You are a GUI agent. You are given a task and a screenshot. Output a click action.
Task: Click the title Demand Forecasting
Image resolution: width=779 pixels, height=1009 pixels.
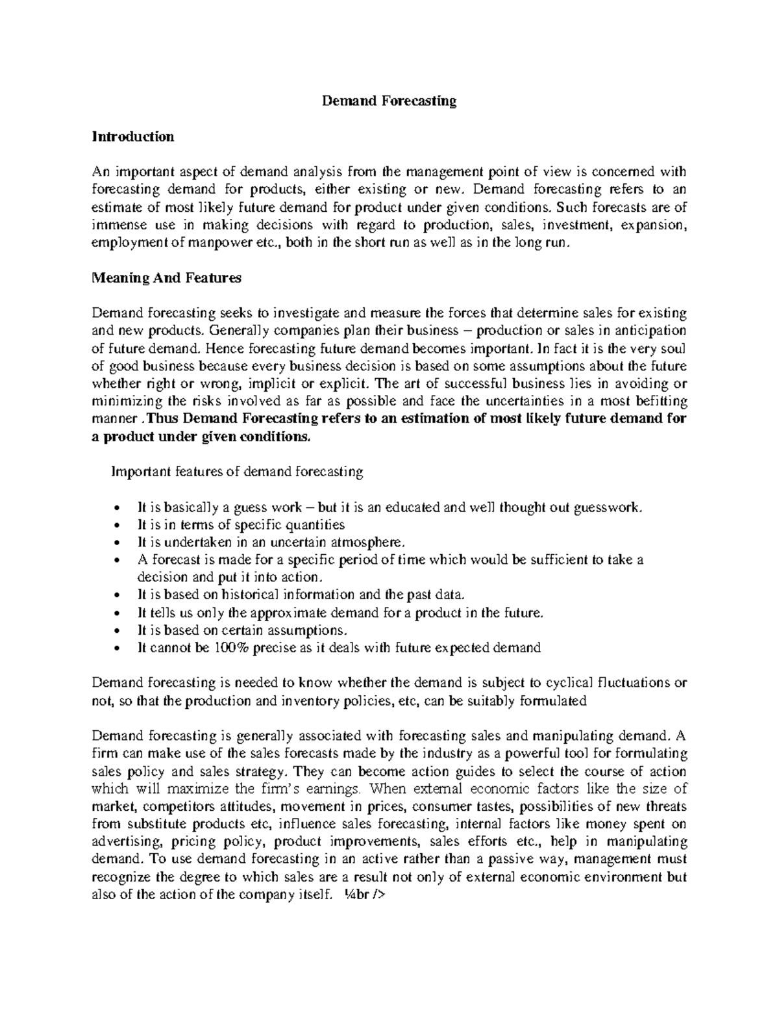(389, 101)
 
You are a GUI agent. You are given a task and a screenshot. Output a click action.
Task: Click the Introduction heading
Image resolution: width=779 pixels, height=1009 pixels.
(133, 136)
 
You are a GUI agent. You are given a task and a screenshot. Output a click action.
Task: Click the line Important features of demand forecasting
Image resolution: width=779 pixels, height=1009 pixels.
(238, 472)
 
